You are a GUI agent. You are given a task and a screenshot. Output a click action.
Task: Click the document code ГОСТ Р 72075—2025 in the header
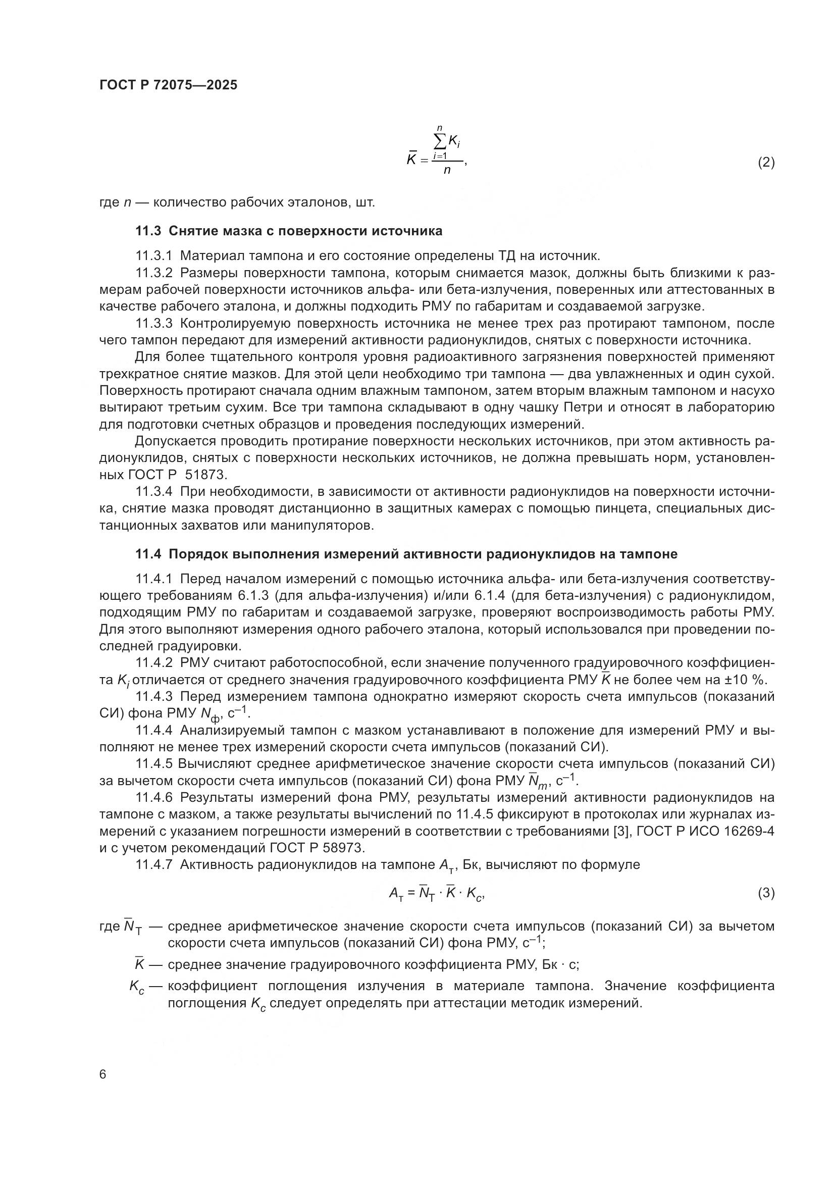point(168,85)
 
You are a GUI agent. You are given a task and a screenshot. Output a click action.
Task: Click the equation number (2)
point(766,163)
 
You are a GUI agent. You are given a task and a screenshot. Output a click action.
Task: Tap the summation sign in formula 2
point(440,141)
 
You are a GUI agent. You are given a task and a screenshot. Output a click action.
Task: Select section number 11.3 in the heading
point(148,231)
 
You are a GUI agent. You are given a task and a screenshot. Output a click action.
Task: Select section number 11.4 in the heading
point(148,554)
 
